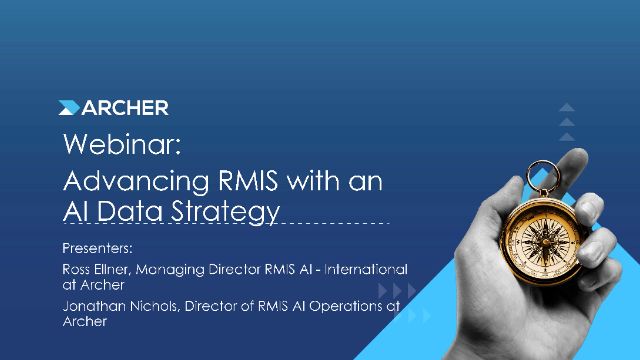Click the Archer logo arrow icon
[x=69, y=108]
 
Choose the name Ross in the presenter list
[x=77, y=269]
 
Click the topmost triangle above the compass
[x=567, y=107]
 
